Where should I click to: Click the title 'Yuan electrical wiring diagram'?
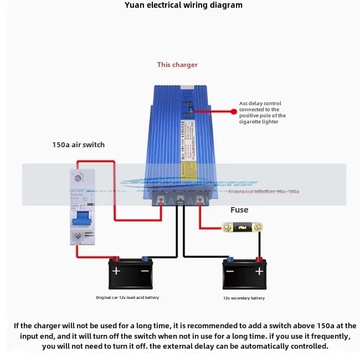point(179,6)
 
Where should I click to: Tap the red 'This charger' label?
point(177,65)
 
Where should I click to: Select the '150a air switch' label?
point(78,144)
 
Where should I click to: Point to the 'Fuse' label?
point(239,210)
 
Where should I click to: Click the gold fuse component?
point(242,227)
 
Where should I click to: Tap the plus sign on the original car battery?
point(116,271)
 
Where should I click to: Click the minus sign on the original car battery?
point(145,271)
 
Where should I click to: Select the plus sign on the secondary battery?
point(259,271)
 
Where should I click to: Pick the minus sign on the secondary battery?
point(230,271)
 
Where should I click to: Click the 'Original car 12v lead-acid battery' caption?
point(127,298)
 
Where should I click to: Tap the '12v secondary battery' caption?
point(244,298)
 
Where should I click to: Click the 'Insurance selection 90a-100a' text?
point(264,192)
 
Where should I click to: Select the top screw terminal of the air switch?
point(78,178)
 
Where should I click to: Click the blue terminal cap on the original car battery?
point(145,258)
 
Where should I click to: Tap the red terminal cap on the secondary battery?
point(258,259)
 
